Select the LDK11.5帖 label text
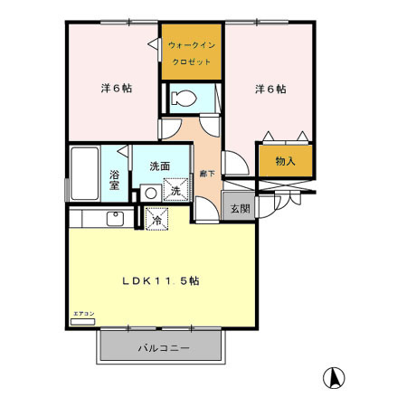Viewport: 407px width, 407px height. [162, 281]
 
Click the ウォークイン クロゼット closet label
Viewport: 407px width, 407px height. [192, 52]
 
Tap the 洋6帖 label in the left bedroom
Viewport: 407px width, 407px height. [116, 89]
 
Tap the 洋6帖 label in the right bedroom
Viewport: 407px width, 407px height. [270, 89]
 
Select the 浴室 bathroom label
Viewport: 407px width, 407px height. [116, 177]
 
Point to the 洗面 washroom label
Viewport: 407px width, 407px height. [160, 166]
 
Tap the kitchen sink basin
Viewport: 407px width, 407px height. [115, 218]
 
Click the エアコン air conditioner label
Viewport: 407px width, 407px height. [82, 314]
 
